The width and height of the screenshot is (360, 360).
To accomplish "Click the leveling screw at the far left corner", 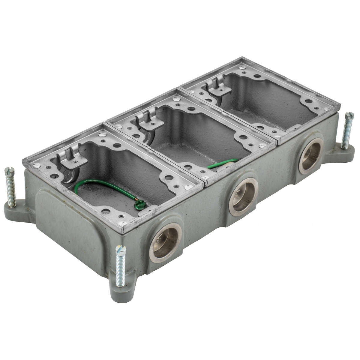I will click(x=10, y=187).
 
